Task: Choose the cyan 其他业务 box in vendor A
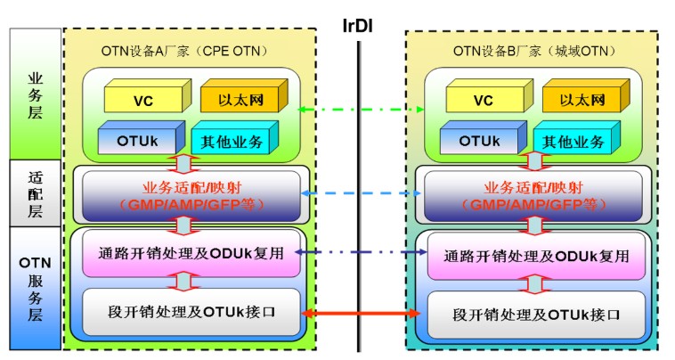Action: click(x=233, y=140)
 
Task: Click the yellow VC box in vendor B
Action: click(x=484, y=99)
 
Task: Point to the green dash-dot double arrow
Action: click(x=361, y=109)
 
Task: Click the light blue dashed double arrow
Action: click(x=361, y=192)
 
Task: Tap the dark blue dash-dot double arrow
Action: click(x=361, y=253)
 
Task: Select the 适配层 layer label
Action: click(x=36, y=192)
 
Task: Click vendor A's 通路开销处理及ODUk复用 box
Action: click(x=189, y=253)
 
